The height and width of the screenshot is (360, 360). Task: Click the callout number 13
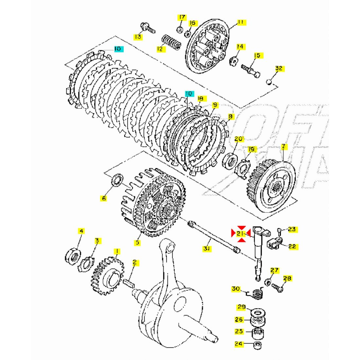(x=138, y=37)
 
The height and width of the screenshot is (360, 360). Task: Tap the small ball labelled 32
(x=269, y=81)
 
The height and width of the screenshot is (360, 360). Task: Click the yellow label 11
(x=241, y=22)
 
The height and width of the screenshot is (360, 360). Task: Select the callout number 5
(x=137, y=243)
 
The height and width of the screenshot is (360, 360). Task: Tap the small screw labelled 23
(x=279, y=232)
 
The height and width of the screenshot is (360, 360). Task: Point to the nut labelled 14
(x=234, y=61)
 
